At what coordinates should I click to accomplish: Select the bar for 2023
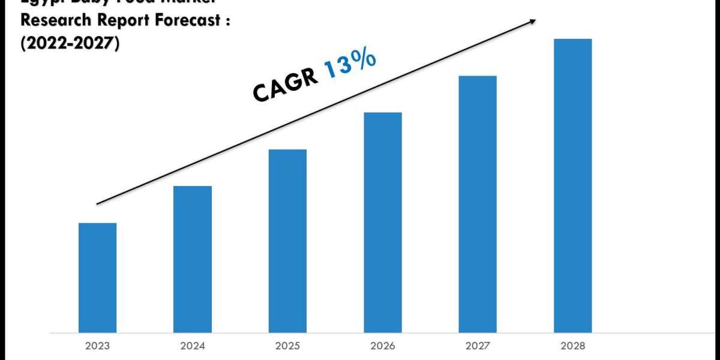(x=97, y=277)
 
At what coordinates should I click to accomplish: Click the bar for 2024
(x=193, y=259)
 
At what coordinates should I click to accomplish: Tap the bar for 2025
(x=287, y=241)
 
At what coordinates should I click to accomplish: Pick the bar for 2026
(x=383, y=222)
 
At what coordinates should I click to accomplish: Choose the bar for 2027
(x=478, y=204)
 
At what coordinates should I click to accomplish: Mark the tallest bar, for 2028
(x=572, y=185)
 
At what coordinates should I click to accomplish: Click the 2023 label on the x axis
(x=97, y=346)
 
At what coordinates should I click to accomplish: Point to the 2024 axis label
(x=193, y=346)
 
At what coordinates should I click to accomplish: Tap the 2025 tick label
(x=287, y=346)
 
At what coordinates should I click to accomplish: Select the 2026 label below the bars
(x=383, y=346)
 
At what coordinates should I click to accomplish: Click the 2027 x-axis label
(x=478, y=346)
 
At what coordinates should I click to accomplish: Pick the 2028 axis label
(x=572, y=346)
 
